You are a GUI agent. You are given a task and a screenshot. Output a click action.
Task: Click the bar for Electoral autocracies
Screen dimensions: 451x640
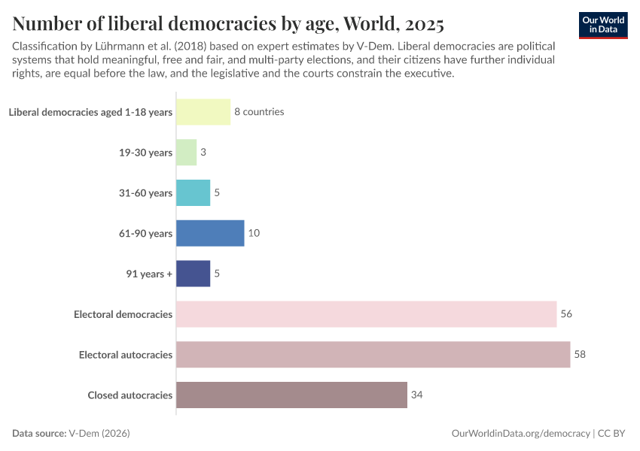pos(373,355)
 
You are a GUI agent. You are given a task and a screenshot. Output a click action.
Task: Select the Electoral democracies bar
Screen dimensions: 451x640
pos(366,314)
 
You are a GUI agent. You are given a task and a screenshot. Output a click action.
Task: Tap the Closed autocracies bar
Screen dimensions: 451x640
pos(291,395)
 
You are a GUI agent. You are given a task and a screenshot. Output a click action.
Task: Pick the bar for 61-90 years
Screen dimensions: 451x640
pos(210,233)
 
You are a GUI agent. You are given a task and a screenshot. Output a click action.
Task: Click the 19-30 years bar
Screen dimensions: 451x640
pos(186,153)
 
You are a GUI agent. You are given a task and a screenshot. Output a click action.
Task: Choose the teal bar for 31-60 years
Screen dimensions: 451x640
pos(193,193)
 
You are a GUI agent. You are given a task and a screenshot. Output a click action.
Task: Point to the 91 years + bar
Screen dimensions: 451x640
pos(193,274)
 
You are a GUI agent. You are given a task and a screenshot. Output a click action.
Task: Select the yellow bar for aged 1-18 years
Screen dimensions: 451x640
pos(203,112)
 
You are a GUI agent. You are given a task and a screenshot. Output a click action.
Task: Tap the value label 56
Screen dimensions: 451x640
pos(566,314)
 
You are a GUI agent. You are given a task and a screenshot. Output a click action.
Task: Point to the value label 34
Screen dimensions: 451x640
pos(416,395)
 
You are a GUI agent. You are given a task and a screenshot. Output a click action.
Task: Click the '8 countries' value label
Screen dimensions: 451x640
pos(259,112)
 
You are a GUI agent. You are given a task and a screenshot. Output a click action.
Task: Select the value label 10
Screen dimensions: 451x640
pos(254,233)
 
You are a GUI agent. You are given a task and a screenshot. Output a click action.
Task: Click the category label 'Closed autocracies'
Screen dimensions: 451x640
pos(130,395)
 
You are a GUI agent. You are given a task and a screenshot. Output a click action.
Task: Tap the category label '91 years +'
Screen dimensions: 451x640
pos(149,274)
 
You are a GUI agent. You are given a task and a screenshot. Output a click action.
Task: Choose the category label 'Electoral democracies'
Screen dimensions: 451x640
pos(123,314)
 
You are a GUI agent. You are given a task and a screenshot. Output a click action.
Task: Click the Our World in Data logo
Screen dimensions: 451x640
pos(602,25)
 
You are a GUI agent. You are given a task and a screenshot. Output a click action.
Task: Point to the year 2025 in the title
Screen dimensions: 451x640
pos(418,24)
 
